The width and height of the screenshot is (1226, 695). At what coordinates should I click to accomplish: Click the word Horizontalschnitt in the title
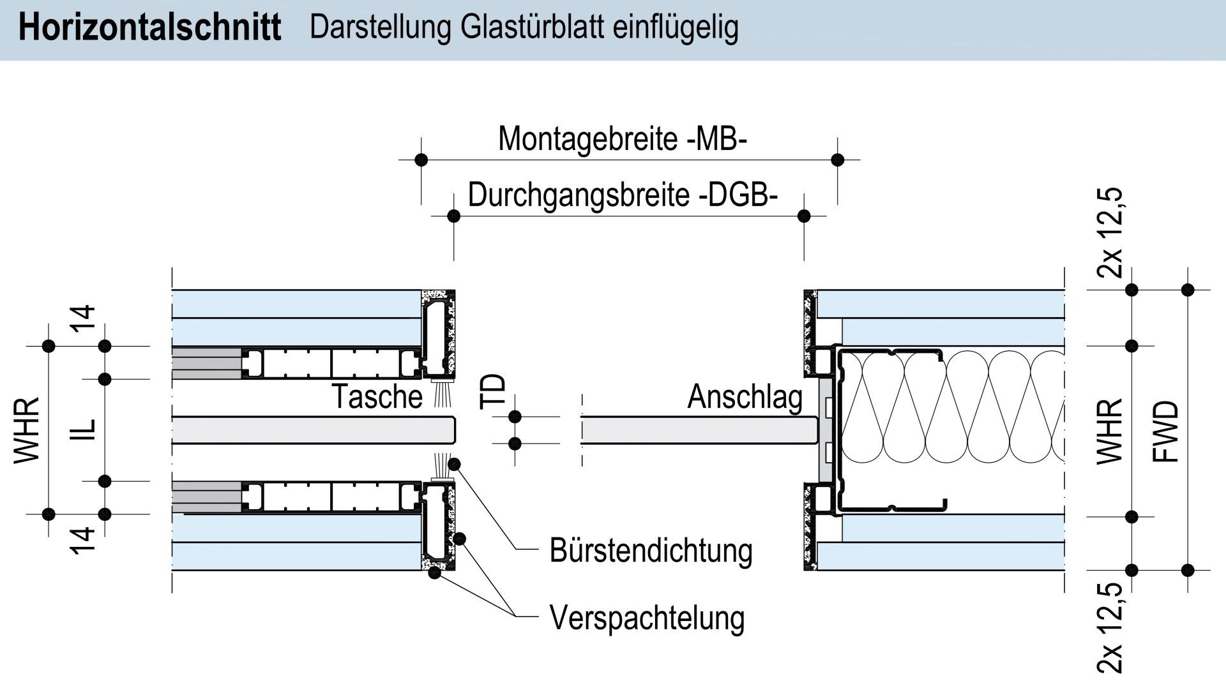tap(149, 29)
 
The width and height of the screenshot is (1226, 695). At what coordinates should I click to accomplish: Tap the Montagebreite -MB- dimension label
tap(622, 138)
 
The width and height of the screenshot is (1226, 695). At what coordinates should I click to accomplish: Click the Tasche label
tap(377, 396)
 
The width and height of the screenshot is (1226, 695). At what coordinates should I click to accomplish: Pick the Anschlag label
tap(745, 396)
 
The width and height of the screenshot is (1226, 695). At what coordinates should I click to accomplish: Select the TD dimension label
tap(494, 391)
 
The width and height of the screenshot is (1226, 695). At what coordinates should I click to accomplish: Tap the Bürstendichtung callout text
tap(651, 551)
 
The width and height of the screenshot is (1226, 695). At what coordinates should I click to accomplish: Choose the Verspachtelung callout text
tap(647, 617)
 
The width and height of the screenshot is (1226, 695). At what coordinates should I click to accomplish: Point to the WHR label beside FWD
tap(1109, 431)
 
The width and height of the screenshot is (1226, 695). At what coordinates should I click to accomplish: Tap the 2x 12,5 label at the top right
tap(1110, 233)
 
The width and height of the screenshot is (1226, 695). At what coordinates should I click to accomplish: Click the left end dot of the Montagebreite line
tap(421, 160)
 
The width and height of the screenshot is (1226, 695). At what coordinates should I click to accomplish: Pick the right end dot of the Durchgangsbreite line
tap(804, 216)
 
